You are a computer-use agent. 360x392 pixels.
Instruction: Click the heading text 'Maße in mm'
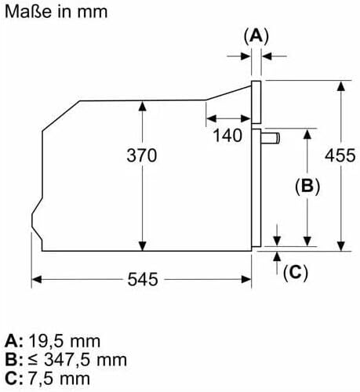[56, 12]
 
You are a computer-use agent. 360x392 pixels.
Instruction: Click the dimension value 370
[142, 155]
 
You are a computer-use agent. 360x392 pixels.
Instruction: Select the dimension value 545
[143, 279]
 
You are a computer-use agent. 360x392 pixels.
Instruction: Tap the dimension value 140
[227, 136]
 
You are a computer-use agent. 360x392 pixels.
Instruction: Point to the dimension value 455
[340, 155]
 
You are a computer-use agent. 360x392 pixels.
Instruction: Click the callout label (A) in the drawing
[256, 36]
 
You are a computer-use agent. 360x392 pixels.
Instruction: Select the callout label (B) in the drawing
[307, 187]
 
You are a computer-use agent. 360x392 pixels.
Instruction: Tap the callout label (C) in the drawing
[296, 273]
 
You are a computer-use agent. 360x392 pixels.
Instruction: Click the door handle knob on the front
[271, 138]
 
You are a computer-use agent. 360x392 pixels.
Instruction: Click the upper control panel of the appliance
[256, 102]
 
